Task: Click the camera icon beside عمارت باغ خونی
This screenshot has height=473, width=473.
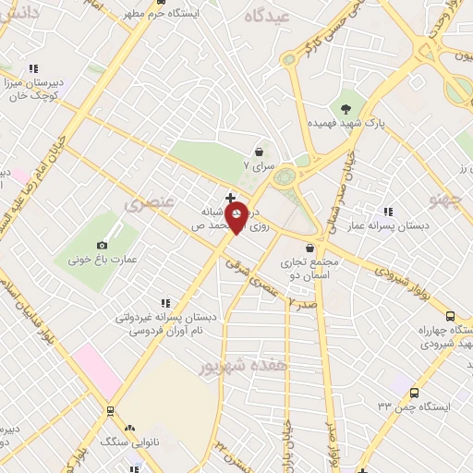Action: pos(102,245)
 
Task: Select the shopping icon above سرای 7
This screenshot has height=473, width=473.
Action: pos(259,152)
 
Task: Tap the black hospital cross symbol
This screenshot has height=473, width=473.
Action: pos(230,198)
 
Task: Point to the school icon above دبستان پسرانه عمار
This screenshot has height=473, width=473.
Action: pos(387,211)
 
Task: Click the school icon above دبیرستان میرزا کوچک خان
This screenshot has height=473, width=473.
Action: pos(34,68)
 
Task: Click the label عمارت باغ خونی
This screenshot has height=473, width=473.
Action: pos(102,260)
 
